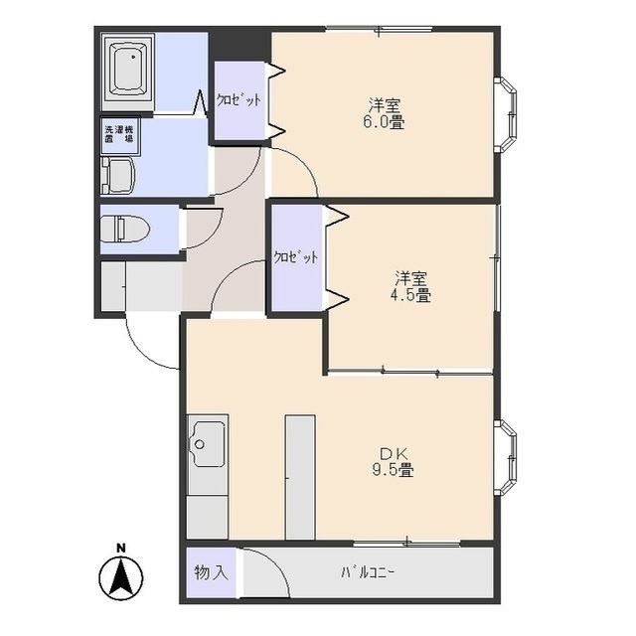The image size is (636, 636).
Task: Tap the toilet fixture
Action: [x=125, y=230]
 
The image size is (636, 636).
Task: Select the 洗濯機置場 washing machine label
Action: [x=119, y=134]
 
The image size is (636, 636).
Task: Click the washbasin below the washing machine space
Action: [x=118, y=176]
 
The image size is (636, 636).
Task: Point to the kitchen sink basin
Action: [x=209, y=444]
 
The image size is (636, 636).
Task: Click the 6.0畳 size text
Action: [x=384, y=122]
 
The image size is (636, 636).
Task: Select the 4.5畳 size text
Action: [x=410, y=295]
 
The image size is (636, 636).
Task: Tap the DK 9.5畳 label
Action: [x=394, y=461]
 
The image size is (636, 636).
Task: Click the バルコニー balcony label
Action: [x=367, y=572]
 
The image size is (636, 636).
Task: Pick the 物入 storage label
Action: [x=211, y=572]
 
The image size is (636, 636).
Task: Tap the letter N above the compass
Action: [x=121, y=549]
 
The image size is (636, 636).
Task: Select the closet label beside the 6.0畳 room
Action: [x=238, y=99]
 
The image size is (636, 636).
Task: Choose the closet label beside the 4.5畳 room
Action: [x=295, y=257]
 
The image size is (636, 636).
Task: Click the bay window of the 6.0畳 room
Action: [x=506, y=114]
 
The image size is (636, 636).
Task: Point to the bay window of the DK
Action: [x=506, y=457]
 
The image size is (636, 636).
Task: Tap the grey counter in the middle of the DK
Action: [x=300, y=477]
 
